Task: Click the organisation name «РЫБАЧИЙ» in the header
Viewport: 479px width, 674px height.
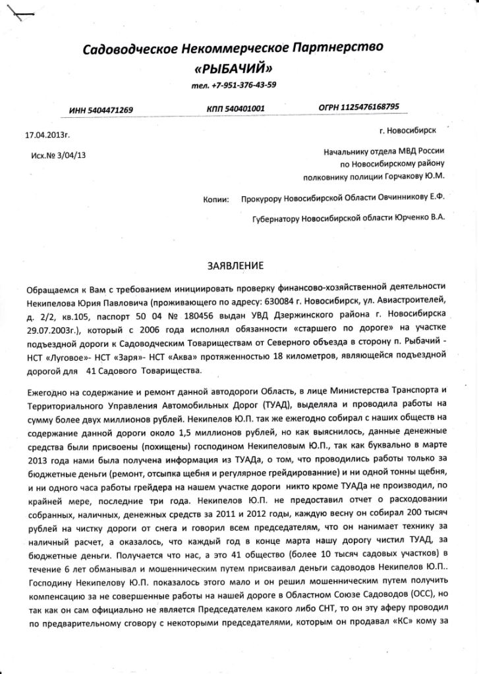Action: [232, 68]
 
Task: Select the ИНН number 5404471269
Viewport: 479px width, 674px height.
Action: [113, 110]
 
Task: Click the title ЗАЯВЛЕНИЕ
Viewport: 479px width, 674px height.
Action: [236, 265]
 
